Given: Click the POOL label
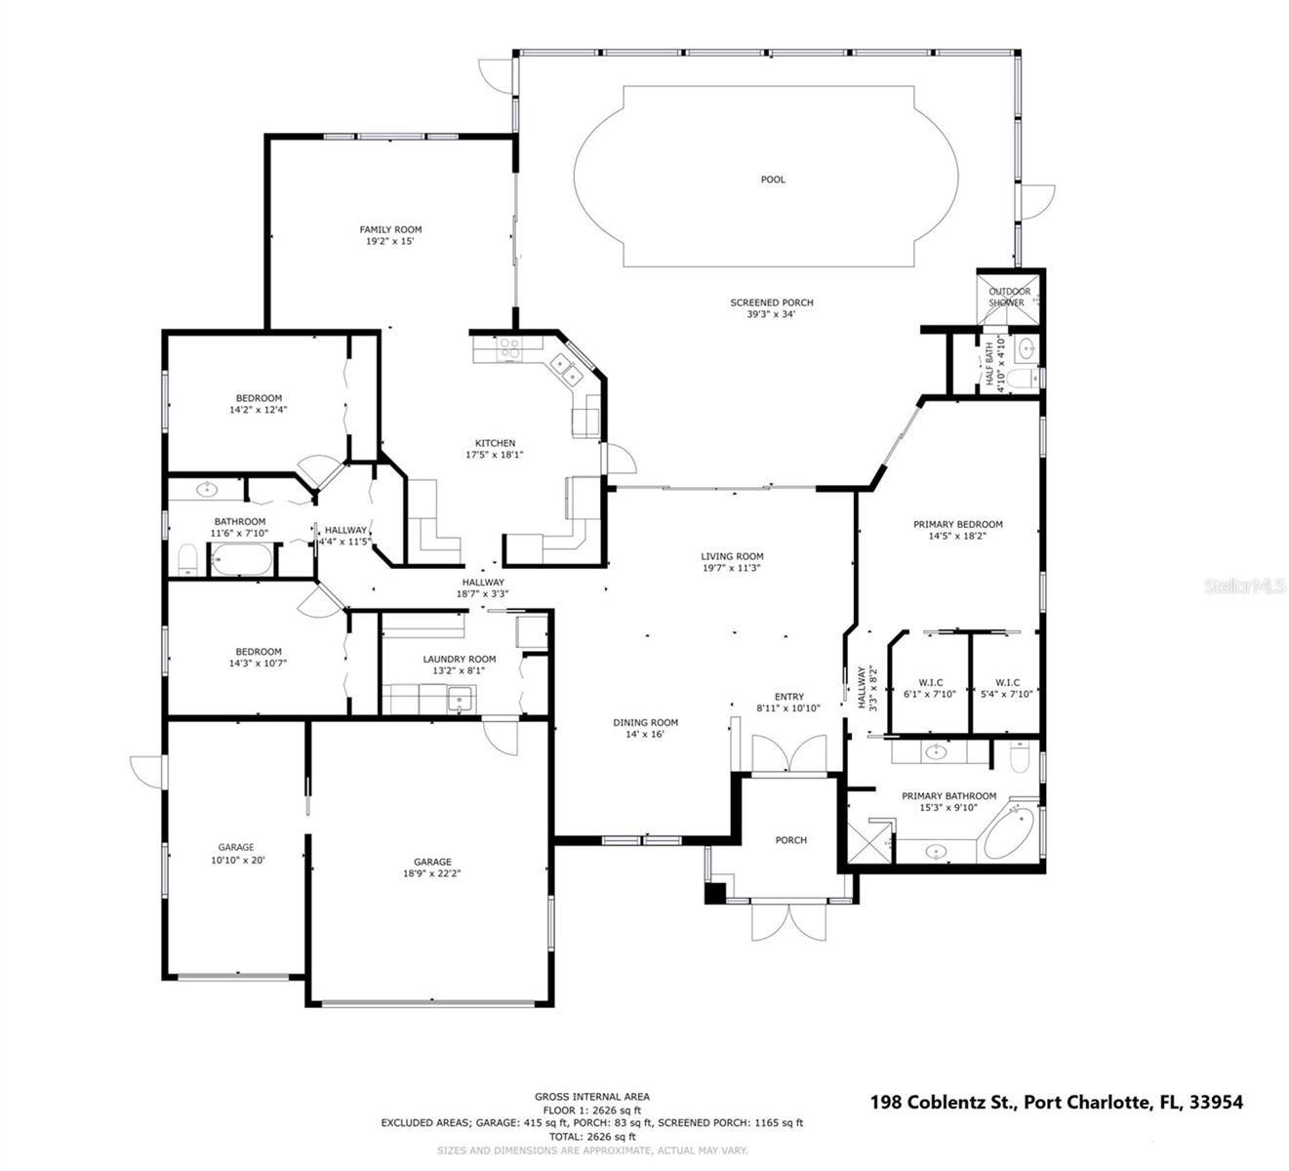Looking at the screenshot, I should tap(772, 180).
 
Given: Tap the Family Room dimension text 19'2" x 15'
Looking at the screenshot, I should tap(390, 241).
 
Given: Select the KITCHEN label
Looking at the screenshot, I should tap(495, 443).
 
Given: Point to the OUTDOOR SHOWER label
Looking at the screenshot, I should tap(1009, 297).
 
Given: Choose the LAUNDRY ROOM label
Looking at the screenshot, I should tap(459, 659).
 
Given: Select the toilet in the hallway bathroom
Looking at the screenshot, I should tap(187, 559).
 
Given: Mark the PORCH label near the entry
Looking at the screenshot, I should tap(790, 840).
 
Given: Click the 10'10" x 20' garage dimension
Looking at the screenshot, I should tap(238, 861).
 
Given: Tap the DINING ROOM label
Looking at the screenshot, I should tap(645, 723).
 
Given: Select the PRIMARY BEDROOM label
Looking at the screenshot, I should tap(957, 524).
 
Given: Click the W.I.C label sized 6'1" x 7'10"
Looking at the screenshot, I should tap(930, 683).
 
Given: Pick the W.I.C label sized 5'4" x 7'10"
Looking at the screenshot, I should tap(1007, 683).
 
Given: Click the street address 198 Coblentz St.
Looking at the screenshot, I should tap(943, 1102).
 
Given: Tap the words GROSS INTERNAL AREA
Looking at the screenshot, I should tap(591, 1097).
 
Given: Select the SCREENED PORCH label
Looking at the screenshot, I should tap(771, 303).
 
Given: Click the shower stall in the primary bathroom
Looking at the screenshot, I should tap(868, 840).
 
